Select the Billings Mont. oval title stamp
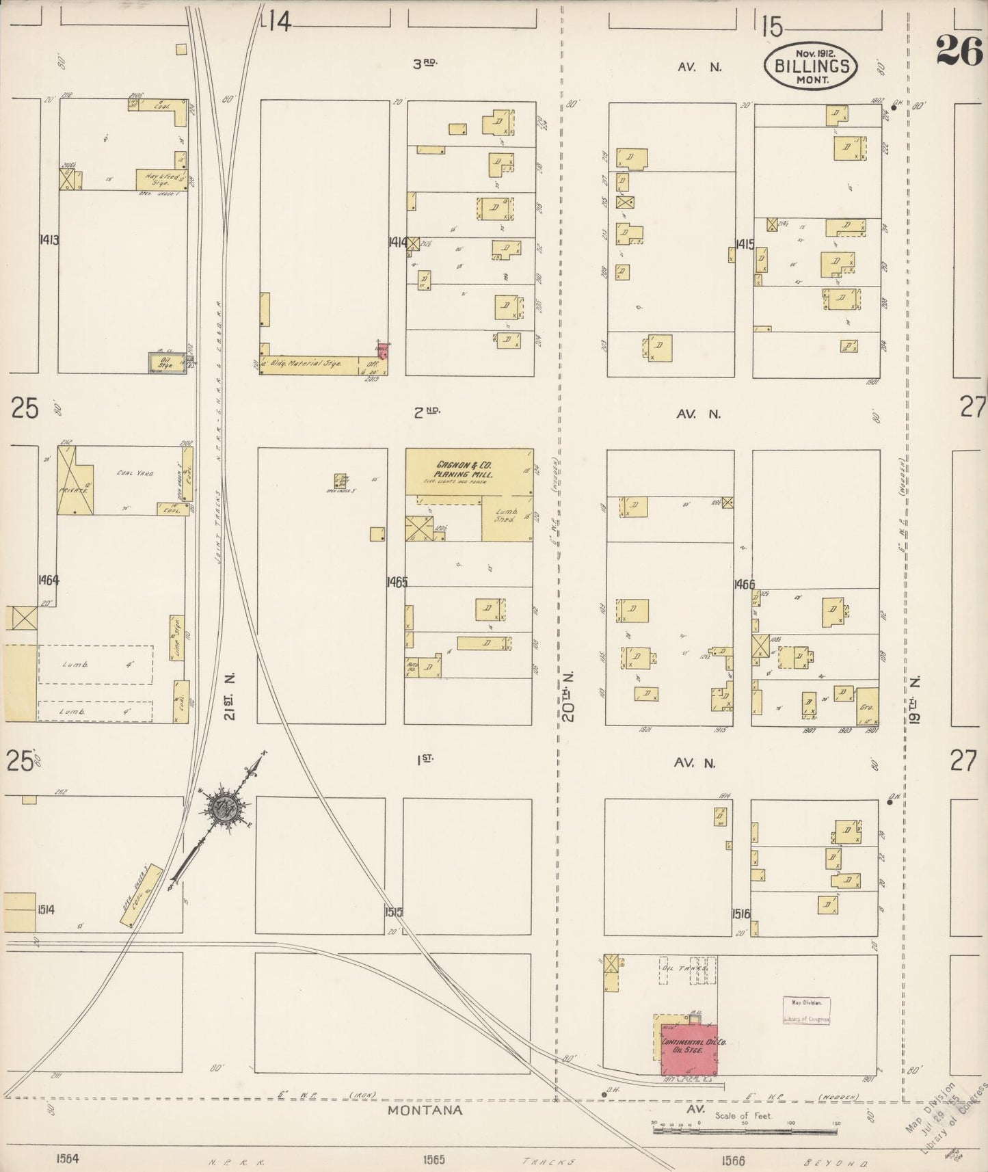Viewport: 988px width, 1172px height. point(812,66)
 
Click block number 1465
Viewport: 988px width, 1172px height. point(396,583)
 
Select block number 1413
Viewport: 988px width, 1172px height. point(49,240)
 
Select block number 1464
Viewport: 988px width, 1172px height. point(49,580)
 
